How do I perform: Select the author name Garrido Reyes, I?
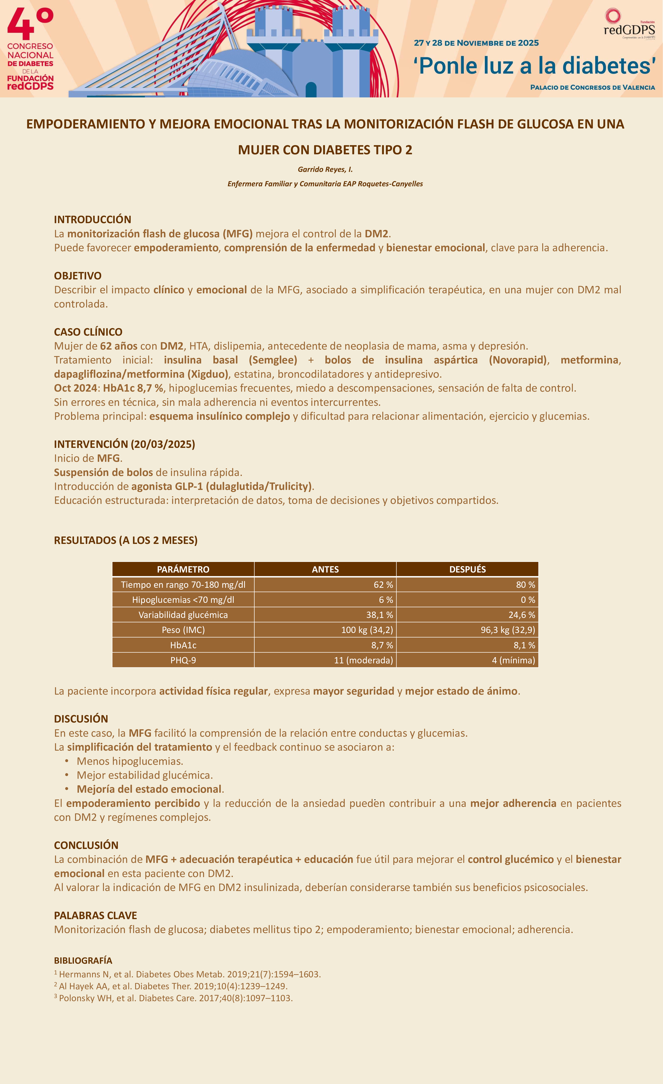pyautogui.click(x=325, y=169)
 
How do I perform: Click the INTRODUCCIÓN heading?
pyautogui.click(x=92, y=220)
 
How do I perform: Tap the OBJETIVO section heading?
pyautogui.click(x=77, y=276)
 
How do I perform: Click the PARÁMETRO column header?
pyautogui.click(x=183, y=569)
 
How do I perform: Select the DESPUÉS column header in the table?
pyautogui.click(x=467, y=569)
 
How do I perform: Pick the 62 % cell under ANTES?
pyautogui.click(x=383, y=585)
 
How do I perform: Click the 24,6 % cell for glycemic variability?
pyautogui.click(x=521, y=615)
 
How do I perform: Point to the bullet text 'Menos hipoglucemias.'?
pyautogui.click(x=130, y=761)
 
